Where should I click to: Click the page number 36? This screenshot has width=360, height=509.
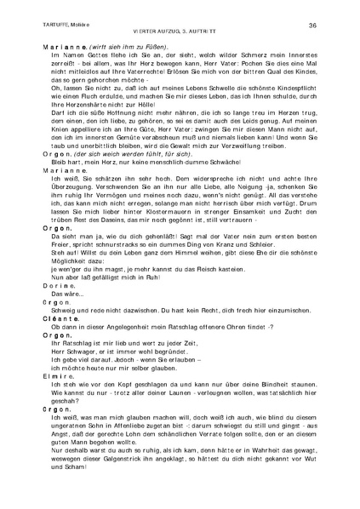coord(312,26)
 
